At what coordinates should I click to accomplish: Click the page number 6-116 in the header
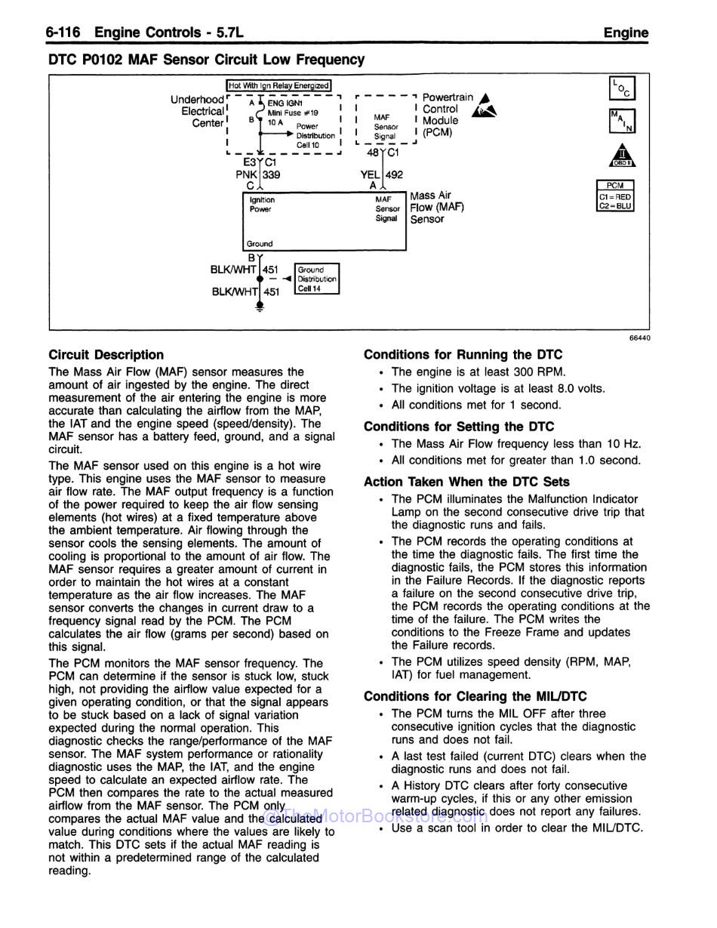coord(67,32)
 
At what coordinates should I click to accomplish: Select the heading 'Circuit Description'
coord(106,354)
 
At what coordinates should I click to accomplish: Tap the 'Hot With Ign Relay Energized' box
coord(279,86)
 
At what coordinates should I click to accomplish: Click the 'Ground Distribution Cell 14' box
coord(316,279)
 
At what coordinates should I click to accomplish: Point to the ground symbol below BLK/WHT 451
coord(260,307)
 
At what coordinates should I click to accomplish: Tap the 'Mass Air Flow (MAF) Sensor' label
coord(437,207)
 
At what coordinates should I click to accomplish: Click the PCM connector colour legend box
coord(615,196)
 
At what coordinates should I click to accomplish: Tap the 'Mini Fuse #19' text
coord(288,113)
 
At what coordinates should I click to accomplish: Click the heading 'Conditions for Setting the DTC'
coord(459,426)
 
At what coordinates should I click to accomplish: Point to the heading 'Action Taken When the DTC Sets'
coord(466,482)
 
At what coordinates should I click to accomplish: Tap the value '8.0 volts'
coord(579,388)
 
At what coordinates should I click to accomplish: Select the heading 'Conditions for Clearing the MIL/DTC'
coord(475,696)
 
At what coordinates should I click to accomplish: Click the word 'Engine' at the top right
coord(626,32)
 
